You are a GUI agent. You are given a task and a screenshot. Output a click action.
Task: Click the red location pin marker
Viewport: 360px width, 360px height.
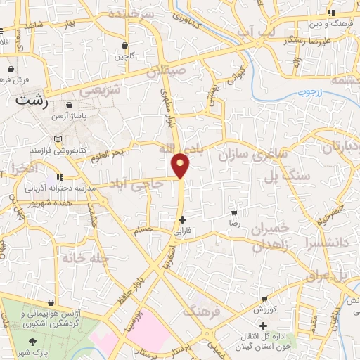[181, 165]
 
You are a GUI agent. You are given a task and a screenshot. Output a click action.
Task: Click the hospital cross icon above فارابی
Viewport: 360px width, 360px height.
[182, 219]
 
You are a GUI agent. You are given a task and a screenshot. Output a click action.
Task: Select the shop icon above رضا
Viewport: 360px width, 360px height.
[234, 212]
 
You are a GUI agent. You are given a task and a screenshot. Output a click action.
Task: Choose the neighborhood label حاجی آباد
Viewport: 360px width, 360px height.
[143, 184]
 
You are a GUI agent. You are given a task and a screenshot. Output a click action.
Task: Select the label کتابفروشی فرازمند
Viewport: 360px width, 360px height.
[56, 150]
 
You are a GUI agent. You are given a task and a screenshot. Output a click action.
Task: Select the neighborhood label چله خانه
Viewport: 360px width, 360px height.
[84, 258]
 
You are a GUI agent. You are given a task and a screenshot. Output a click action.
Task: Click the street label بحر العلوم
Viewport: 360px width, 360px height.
[109, 154]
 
